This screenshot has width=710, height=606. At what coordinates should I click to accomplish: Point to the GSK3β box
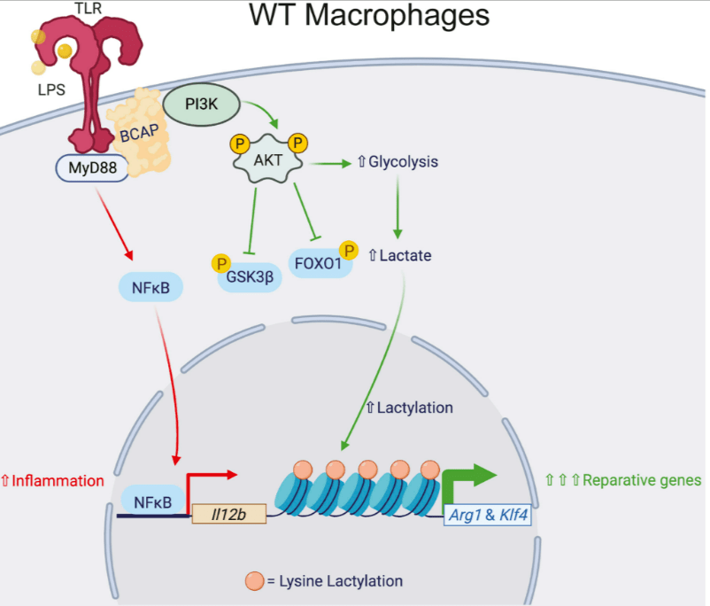tap(250, 275)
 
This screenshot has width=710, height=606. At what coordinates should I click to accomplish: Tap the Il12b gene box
tap(228, 513)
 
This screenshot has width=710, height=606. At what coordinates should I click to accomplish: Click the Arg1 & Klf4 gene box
tap(487, 513)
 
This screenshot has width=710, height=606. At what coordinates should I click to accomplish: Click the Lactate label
tap(398, 256)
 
